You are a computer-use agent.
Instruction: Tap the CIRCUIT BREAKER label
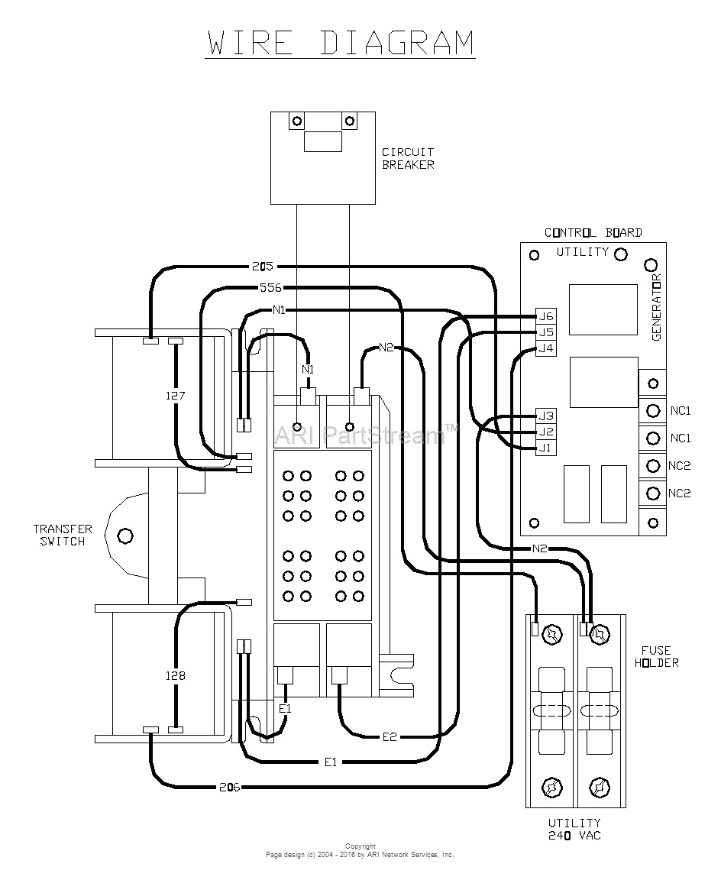(408, 158)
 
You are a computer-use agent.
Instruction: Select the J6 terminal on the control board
(545, 316)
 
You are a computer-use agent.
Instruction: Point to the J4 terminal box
(545, 348)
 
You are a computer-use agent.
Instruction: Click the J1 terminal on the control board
(545, 448)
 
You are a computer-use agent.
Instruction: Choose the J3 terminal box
(545, 416)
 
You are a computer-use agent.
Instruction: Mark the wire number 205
(262, 267)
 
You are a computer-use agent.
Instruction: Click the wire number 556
(270, 288)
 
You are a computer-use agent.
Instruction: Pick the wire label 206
(229, 787)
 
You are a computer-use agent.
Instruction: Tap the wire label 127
(176, 396)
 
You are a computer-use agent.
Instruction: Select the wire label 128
(176, 675)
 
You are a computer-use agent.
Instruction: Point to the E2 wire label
(390, 736)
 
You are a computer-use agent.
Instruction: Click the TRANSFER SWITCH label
(63, 535)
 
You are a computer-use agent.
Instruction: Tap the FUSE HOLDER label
(655, 656)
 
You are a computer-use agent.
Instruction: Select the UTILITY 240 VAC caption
(574, 829)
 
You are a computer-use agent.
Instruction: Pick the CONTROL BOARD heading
(593, 232)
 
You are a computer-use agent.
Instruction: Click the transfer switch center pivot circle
(124, 535)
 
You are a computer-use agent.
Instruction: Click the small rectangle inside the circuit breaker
(322, 141)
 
